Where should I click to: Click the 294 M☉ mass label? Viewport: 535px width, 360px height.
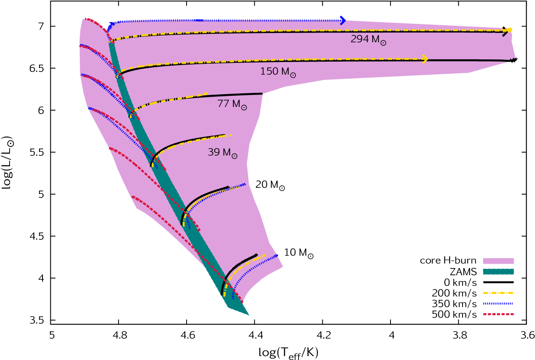(x=368, y=39)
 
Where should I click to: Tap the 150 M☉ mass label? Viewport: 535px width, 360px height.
(x=278, y=72)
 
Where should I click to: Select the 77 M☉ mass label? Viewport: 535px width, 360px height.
(x=232, y=105)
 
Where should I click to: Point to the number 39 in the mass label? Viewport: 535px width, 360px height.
(x=213, y=152)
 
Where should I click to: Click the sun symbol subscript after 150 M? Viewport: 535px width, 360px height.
(x=293, y=75)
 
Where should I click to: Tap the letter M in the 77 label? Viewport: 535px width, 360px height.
(x=236, y=104)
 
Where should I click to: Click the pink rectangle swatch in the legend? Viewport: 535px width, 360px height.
(x=498, y=261)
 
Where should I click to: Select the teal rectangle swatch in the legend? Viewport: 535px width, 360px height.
(x=498, y=272)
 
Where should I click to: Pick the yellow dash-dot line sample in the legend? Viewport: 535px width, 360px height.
(x=498, y=293)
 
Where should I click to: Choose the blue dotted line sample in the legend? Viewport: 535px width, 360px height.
(x=498, y=304)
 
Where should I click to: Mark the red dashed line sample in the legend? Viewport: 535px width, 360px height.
(x=498, y=314)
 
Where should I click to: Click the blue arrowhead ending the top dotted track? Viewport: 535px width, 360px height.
(x=343, y=20)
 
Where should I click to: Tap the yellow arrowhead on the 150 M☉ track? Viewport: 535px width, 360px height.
(x=425, y=59)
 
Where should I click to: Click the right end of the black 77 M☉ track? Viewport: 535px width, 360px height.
(x=262, y=94)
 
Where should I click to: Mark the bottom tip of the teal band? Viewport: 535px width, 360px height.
(x=249, y=315)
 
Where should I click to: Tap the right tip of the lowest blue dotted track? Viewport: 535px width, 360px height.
(x=278, y=255)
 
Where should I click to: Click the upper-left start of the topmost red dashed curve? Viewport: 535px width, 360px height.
(x=85, y=19)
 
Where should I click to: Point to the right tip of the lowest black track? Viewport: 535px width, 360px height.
(x=256, y=255)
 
